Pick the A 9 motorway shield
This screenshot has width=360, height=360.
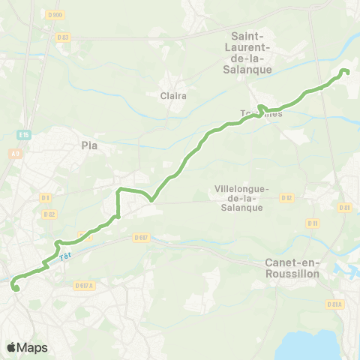(15, 154)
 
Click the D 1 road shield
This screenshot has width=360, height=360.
(46, 198)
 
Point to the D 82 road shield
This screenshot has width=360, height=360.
(49, 214)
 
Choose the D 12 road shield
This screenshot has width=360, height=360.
(286, 197)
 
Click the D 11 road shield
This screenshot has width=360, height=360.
(313, 223)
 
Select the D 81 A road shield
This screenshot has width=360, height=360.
(335, 304)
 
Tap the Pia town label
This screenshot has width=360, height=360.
(90, 146)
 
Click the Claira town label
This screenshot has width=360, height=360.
(173, 95)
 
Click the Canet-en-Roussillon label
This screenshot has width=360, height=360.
(292, 268)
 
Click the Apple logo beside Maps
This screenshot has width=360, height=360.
(12, 347)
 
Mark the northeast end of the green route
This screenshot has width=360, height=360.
(346, 71)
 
